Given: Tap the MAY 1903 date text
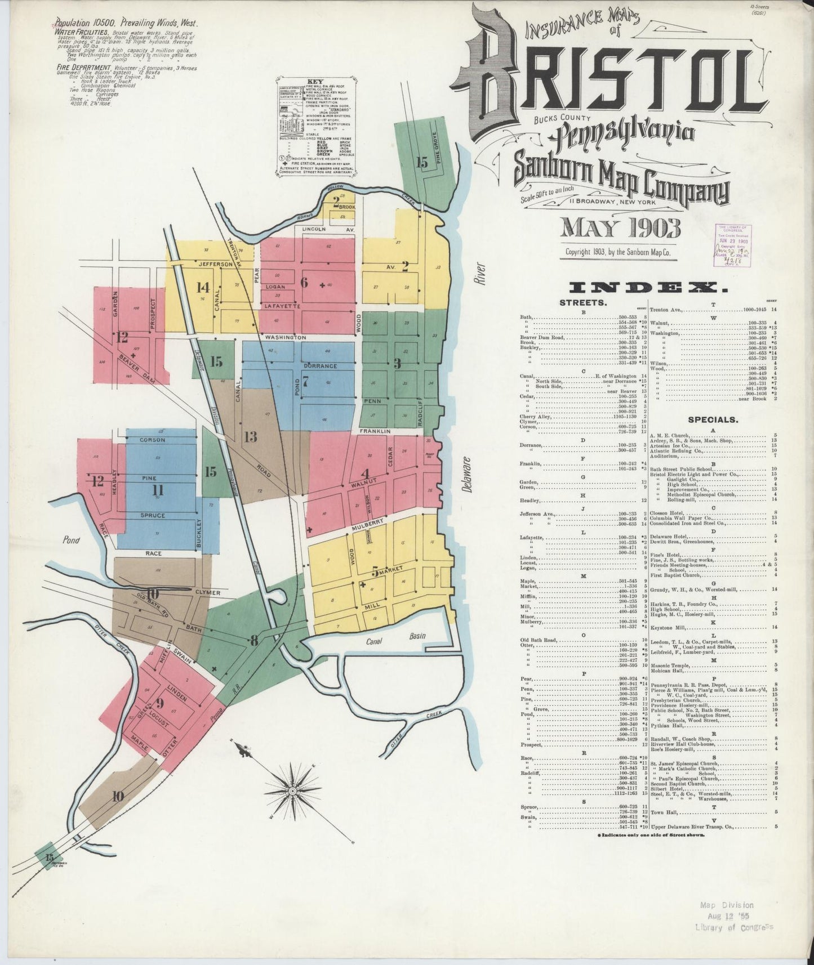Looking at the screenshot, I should [x=620, y=228].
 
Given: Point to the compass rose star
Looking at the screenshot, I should [x=292, y=790].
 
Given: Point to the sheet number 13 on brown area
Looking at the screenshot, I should [x=251, y=436].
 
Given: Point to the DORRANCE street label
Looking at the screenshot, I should [x=322, y=366].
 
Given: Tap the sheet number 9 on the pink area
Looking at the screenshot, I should [x=160, y=703].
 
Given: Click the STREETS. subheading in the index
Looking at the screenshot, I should [x=582, y=302].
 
